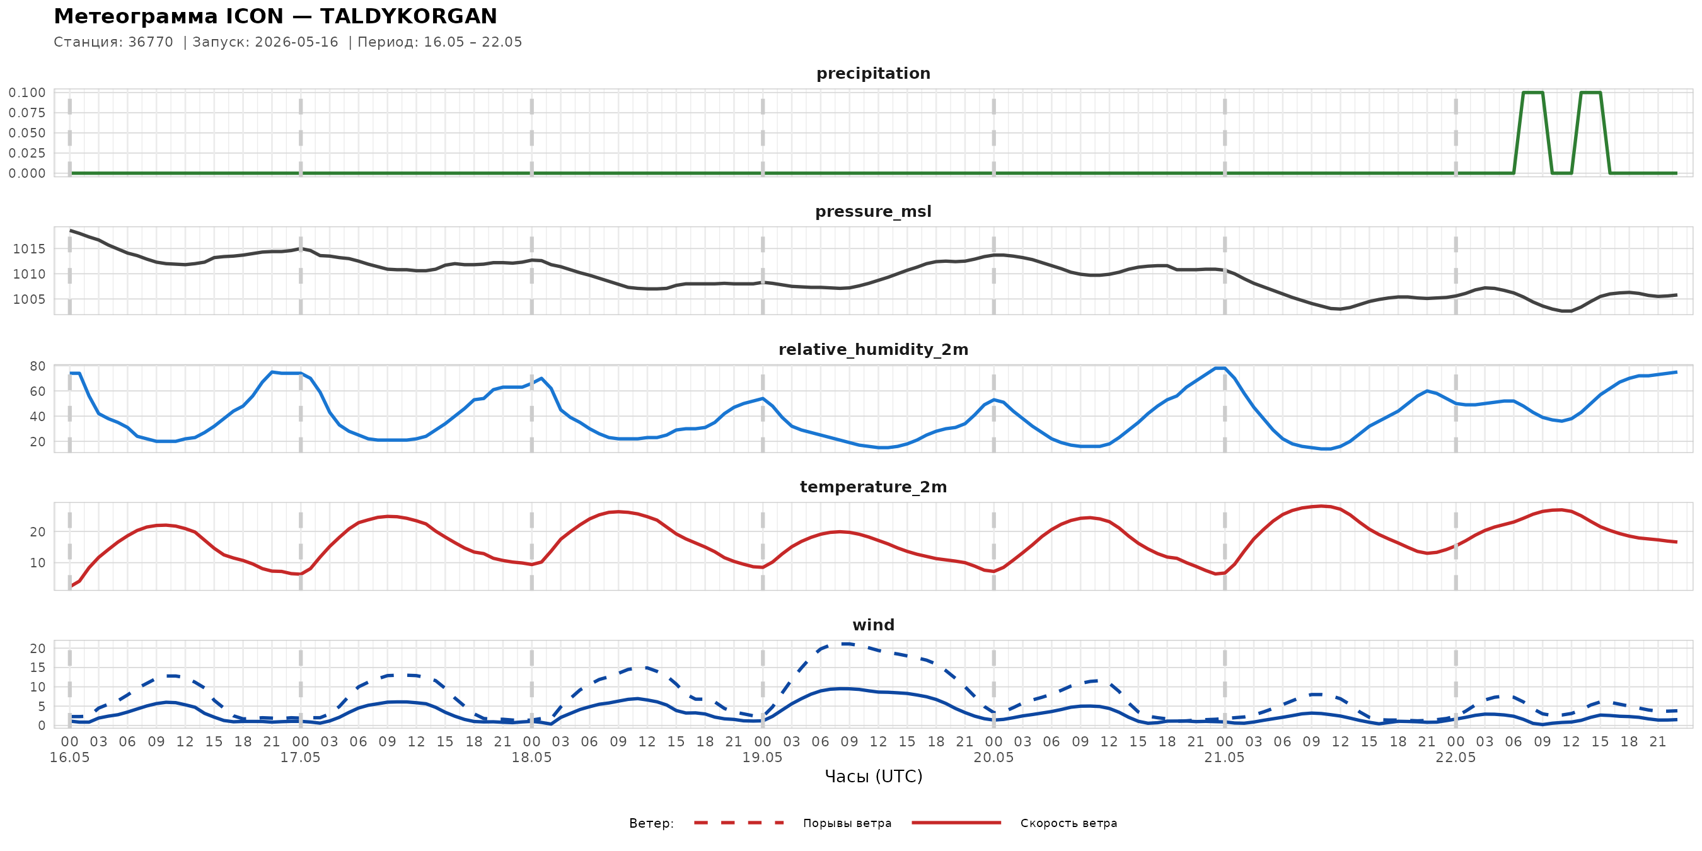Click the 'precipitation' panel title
coord(873,73)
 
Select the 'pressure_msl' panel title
coord(873,211)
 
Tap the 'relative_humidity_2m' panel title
coord(873,349)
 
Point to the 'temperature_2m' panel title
coord(873,487)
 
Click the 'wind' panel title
coord(873,625)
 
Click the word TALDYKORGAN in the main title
coord(408,16)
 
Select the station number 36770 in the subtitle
coord(151,42)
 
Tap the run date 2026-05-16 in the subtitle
coord(297,42)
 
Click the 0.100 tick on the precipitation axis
coord(27,93)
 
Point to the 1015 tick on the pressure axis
coord(29,249)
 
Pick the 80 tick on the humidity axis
coord(38,366)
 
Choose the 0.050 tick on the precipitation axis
coord(27,133)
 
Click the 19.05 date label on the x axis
coord(763,757)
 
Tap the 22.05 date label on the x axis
coord(1456,757)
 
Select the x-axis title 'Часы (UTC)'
coord(874,777)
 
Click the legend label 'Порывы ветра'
coord(847,823)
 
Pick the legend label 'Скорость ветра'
coord(1068,823)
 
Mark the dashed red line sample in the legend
coord(739,823)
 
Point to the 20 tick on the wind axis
coord(38,648)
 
